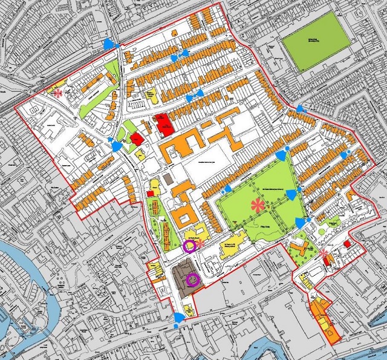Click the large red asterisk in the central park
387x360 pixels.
pos(259,205)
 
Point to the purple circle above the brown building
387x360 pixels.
pos(189,246)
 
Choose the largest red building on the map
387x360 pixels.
pos(163,123)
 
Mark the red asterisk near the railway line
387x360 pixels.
pos(58,94)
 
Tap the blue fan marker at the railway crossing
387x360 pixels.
pos(108,44)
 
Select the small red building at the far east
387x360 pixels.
pos(347,243)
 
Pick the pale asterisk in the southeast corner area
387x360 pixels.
pos(324,253)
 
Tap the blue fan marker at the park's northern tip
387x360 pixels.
pos(281,155)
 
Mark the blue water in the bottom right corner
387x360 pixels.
pos(363,351)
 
